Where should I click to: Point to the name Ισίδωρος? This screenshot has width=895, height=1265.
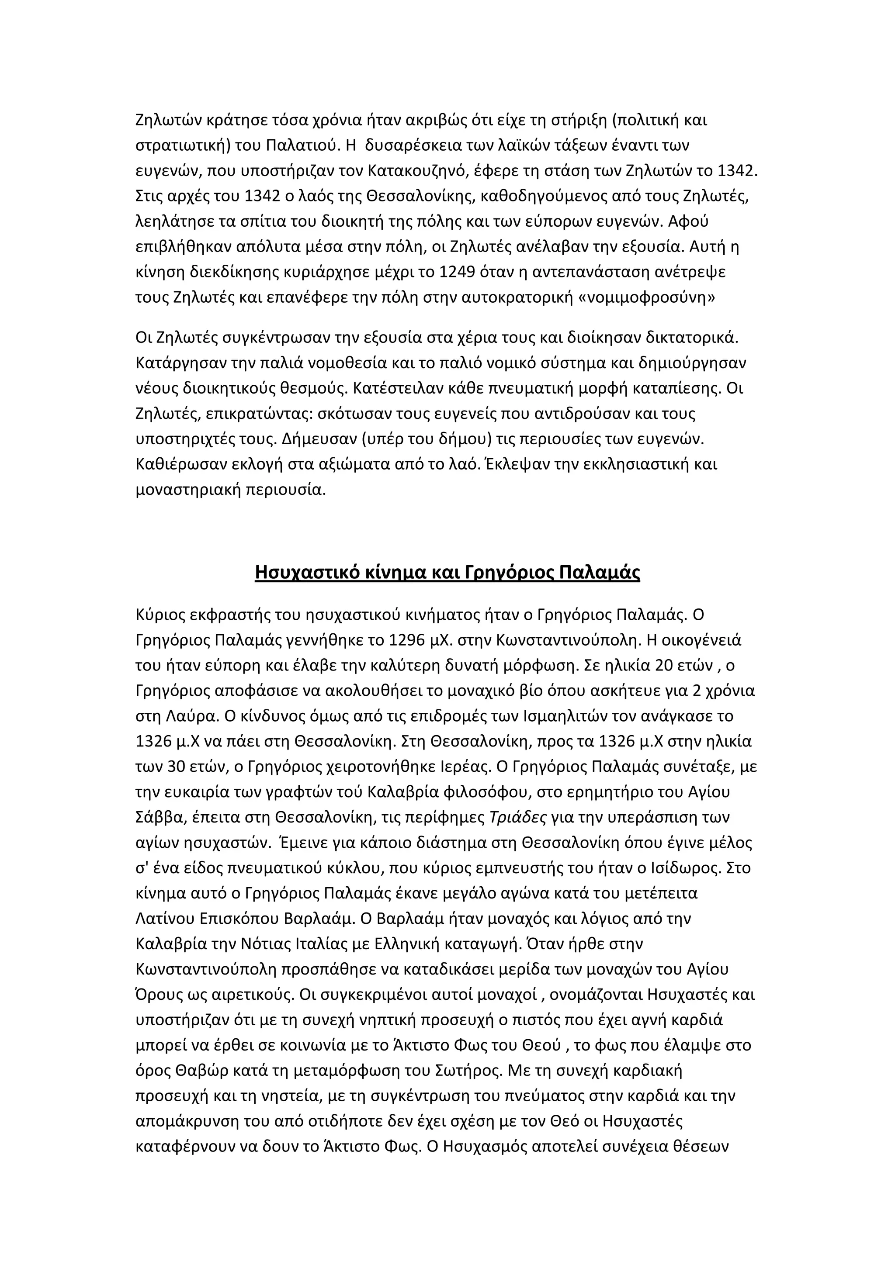click(x=683, y=868)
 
